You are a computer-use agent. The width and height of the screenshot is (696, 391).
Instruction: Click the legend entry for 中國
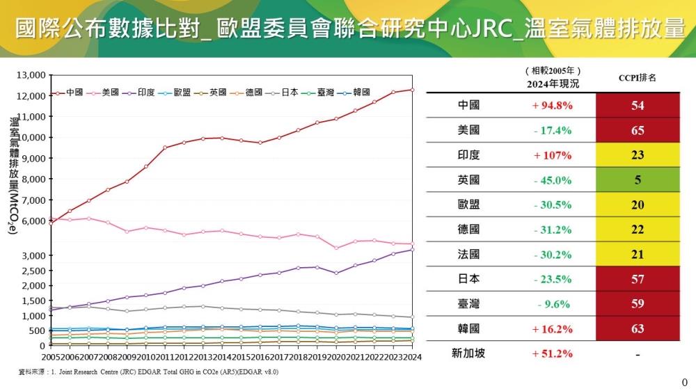click(x=68, y=93)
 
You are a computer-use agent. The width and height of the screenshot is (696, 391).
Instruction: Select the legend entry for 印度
click(x=139, y=93)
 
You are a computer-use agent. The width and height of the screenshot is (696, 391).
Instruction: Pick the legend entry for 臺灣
click(x=319, y=93)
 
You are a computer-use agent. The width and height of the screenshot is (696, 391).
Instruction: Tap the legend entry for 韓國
click(x=354, y=93)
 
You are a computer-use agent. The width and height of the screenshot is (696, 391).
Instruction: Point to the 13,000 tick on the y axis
click(x=31, y=75)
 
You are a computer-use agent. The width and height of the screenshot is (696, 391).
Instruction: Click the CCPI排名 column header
click(x=637, y=78)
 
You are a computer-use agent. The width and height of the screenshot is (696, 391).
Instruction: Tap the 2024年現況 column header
click(x=553, y=83)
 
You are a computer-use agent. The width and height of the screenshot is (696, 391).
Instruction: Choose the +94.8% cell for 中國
click(x=553, y=106)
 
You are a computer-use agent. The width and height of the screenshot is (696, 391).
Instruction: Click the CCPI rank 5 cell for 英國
click(x=638, y=180)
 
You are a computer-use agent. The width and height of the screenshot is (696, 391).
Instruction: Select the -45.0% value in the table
click(x=553, y=180)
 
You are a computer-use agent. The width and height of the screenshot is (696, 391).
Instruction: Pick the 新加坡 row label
click(x=468, y=353)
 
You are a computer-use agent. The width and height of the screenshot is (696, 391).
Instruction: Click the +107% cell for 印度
click(x=553, y=155)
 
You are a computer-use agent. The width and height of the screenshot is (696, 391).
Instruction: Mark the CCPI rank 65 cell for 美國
click(x=638, y=131)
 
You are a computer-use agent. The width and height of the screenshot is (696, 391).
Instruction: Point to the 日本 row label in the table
click(x=468, y=279)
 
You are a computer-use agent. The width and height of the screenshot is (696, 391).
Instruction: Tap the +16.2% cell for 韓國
click(x=553, y=328)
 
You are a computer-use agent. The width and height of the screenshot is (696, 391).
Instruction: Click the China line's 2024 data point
click(x=412, y=90)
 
